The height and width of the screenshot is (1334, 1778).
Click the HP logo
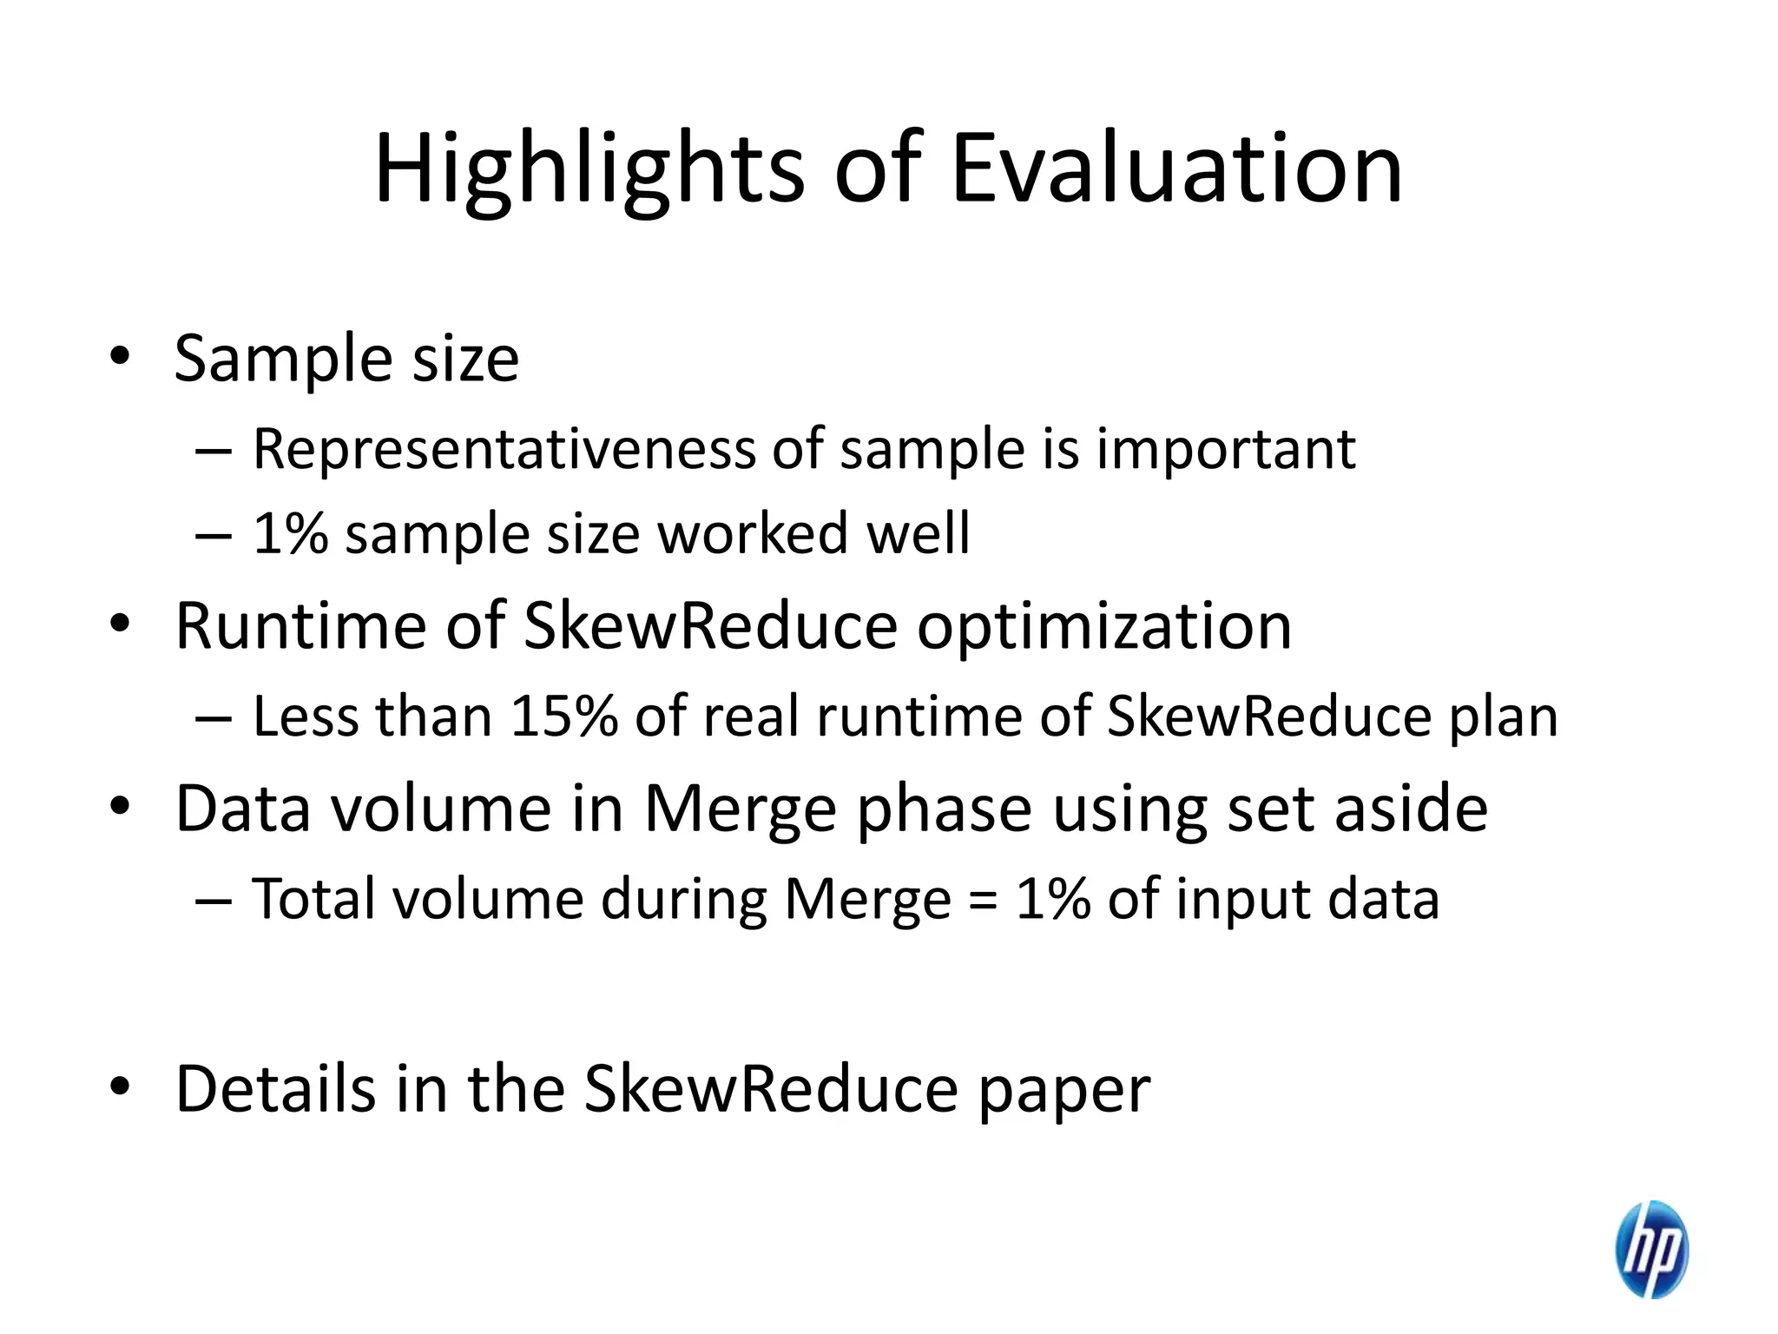(1651, 1249)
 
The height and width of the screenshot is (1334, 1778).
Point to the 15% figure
(563, 717)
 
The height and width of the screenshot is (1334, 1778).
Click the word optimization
(1104, 626)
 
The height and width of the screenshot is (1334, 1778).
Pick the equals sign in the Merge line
(983, 901)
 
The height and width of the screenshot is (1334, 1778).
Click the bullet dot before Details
(120, 1086)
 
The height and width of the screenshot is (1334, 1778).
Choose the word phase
(945, 809)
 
